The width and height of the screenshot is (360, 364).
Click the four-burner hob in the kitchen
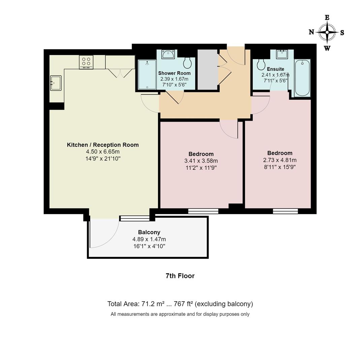coord(86,62)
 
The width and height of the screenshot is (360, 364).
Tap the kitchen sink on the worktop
coord(56,83)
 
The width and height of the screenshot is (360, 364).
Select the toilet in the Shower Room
coord(187,63)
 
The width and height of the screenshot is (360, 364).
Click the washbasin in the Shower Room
coord(168,54)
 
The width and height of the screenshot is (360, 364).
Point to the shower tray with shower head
coord(147,74)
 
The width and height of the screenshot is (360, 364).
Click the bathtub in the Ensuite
coord(302,78)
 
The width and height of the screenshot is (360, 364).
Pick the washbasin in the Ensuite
coord(282,54)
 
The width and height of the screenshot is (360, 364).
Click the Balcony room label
coord(149,232)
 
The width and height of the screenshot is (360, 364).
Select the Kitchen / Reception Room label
coord(103,145)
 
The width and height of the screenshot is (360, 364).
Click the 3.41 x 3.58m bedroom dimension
coord(201,161)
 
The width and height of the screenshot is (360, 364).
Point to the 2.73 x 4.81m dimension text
coord(280,160)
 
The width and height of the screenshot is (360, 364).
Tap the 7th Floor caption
coord(180,276)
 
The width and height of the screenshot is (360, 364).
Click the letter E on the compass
coord(327,18)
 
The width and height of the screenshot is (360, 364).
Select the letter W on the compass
coord(327,48)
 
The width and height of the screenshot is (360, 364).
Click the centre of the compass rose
coord(327,32)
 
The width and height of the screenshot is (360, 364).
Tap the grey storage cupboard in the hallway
coord(207,69)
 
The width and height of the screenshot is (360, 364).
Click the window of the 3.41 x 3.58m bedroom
coord(203,211)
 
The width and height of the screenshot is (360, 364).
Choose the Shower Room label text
coord(174,73)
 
